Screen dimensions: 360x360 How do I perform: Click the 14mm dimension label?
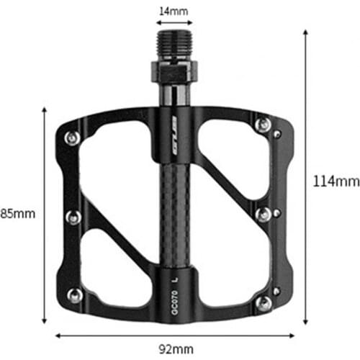pos(173,11)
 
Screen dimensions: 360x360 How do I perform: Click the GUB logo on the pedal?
pos(173,131)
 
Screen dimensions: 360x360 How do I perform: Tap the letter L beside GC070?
pos(174,276)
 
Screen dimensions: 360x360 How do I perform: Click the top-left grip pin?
pos(71,138)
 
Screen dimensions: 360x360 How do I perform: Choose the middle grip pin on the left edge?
pos(73,216)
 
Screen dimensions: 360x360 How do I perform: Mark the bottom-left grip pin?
pos(73,294)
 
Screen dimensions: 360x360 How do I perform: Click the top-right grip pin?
pos(264,125)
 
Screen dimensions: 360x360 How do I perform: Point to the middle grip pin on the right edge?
pos(264,214)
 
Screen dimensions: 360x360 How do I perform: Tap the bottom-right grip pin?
pos(265,300)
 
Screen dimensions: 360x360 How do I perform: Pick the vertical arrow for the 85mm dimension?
pos(45,216)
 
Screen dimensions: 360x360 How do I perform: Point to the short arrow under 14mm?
pos(173,23)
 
